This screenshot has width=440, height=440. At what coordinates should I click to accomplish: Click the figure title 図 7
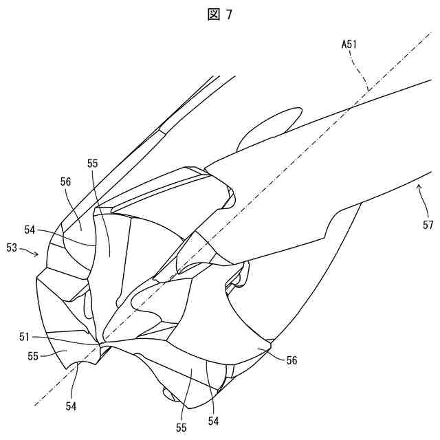219,16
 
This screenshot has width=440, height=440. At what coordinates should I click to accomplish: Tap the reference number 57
428,224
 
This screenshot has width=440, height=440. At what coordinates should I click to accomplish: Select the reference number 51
25,337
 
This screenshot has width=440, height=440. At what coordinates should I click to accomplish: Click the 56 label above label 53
66,182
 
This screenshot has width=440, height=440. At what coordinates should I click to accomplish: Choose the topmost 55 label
93,164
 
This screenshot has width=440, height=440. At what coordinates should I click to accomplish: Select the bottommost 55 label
181,427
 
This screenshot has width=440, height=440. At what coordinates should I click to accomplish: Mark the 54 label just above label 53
30,230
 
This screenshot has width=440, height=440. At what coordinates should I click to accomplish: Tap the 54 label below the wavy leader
71,406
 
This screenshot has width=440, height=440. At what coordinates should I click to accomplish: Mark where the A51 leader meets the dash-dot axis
368,88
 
